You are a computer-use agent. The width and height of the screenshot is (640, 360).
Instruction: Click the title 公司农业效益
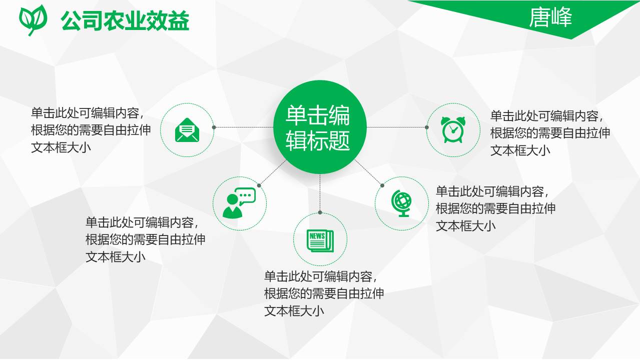tap(125, 20)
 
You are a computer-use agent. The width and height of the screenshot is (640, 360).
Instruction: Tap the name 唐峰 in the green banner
tap(550, 18)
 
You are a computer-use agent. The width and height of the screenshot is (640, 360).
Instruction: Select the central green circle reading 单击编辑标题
tap(320, 127)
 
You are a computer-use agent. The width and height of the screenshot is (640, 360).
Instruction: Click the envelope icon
tap(187, 130)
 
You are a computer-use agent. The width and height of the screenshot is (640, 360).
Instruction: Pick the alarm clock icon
tap(453, 130)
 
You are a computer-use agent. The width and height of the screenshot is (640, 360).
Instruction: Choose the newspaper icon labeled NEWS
tap(320, 239)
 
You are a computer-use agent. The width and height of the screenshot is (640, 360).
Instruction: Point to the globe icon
tap(401, 203)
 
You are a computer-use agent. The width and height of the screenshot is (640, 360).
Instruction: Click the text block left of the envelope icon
tap(91, 130)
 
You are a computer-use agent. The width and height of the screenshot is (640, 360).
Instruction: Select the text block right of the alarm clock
tap(550, 133)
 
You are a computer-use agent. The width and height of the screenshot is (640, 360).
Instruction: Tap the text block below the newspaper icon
tap(324, 293)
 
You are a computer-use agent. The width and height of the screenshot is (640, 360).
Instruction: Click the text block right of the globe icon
tap(495, 208)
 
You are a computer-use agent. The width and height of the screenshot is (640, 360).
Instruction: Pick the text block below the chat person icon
tap(145, 239)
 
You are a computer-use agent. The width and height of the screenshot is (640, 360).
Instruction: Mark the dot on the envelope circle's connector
tap(214, 127)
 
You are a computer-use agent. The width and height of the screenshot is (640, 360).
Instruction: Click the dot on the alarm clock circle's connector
tap(427, 127)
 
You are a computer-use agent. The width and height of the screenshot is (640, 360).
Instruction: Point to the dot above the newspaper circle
tap(320, 212)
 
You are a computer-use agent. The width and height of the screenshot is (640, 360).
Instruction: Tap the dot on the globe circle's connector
tap(382, 185)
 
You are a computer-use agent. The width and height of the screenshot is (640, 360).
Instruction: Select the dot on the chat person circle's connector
tap(259, 185)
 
